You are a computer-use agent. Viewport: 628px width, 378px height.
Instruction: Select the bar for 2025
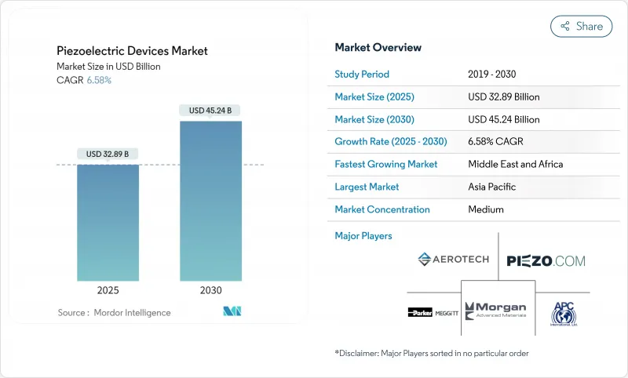(108, 224)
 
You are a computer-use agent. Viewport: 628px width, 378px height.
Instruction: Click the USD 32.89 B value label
(108, 154)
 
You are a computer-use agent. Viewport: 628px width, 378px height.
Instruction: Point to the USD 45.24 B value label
(210, 111)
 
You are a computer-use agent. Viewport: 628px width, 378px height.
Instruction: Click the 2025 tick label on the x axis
(108, 290)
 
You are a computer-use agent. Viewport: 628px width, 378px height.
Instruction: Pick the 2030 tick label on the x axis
(210, 290)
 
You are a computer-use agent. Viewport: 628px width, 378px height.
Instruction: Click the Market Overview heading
(378, 48)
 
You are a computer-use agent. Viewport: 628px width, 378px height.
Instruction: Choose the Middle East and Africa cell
(515, 165)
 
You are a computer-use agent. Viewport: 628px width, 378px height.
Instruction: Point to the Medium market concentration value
(486, 209)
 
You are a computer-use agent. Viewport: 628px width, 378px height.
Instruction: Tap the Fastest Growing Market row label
(386, 165)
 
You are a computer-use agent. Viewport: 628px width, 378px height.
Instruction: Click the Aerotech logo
(454, 259)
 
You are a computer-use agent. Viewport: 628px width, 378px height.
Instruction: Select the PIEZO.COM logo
(546, 260)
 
